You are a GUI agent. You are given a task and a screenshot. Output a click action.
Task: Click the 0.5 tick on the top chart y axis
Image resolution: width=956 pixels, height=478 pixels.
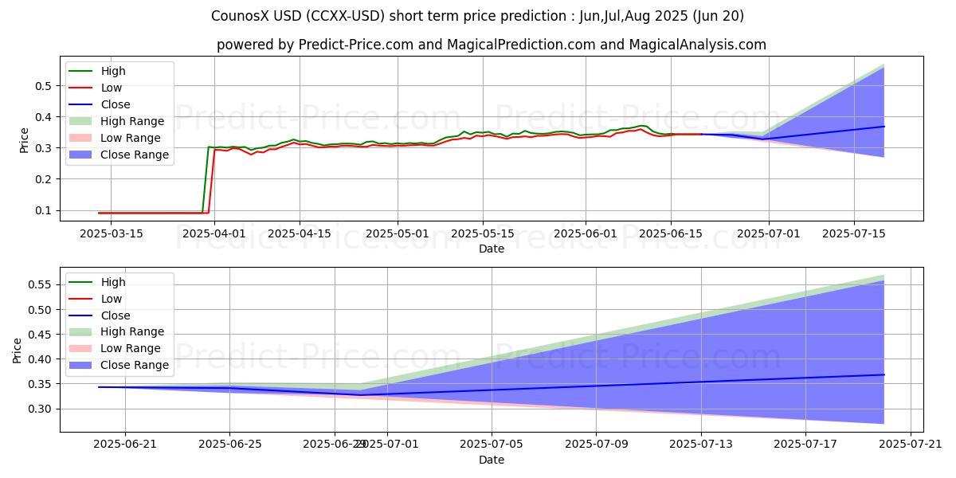tap(44, 86)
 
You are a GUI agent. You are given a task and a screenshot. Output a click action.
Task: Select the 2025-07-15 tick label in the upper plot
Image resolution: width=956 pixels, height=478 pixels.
tap(854, 233)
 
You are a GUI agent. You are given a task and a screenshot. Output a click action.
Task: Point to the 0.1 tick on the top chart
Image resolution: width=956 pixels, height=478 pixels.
tap(44, 211)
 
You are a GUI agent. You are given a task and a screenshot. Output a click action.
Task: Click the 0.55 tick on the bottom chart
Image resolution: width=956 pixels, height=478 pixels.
tap(41, 284)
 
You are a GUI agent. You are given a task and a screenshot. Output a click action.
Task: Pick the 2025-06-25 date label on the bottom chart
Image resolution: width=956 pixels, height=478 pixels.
tap(229, 445)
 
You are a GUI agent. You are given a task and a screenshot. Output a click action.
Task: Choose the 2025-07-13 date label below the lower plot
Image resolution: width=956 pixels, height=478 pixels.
tap(701, 445)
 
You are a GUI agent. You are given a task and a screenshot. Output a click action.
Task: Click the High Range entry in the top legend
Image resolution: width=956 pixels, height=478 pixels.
tap(132, 121)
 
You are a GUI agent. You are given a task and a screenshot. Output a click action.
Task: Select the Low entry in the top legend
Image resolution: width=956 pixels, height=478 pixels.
tap(112, 88)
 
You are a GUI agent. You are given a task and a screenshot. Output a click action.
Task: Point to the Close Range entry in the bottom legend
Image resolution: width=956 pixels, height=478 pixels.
tap(135, 365)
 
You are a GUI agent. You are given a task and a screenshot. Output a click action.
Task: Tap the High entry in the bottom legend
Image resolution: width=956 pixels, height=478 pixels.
tap(113, 282)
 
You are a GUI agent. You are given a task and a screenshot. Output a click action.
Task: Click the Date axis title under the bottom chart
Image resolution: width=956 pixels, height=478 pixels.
tap(492, 460)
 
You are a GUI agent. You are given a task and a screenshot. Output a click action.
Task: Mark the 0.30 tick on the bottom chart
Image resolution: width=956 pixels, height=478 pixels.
tap(41, 409)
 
